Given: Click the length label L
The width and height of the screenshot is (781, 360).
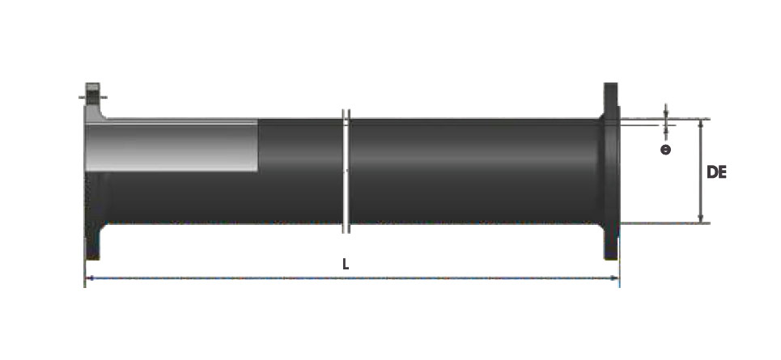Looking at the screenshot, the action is tap(346, 264).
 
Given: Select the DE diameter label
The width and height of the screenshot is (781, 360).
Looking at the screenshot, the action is tap(716, 172).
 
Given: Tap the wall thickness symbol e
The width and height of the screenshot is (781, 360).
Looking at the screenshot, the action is tap(665, 150).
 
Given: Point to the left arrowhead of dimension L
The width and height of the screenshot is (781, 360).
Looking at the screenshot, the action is tap(89, 277).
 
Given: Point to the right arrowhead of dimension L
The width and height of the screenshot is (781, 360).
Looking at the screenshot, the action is tap(616, 277).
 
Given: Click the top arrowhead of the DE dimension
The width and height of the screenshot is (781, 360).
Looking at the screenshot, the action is tap(700, 123).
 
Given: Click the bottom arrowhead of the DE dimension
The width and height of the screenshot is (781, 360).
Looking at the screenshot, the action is tap(700, 219).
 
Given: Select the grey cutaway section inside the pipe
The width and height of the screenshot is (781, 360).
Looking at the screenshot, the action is tap(172, 146).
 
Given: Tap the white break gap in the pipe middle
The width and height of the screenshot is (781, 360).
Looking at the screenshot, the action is tap(346, 171).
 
